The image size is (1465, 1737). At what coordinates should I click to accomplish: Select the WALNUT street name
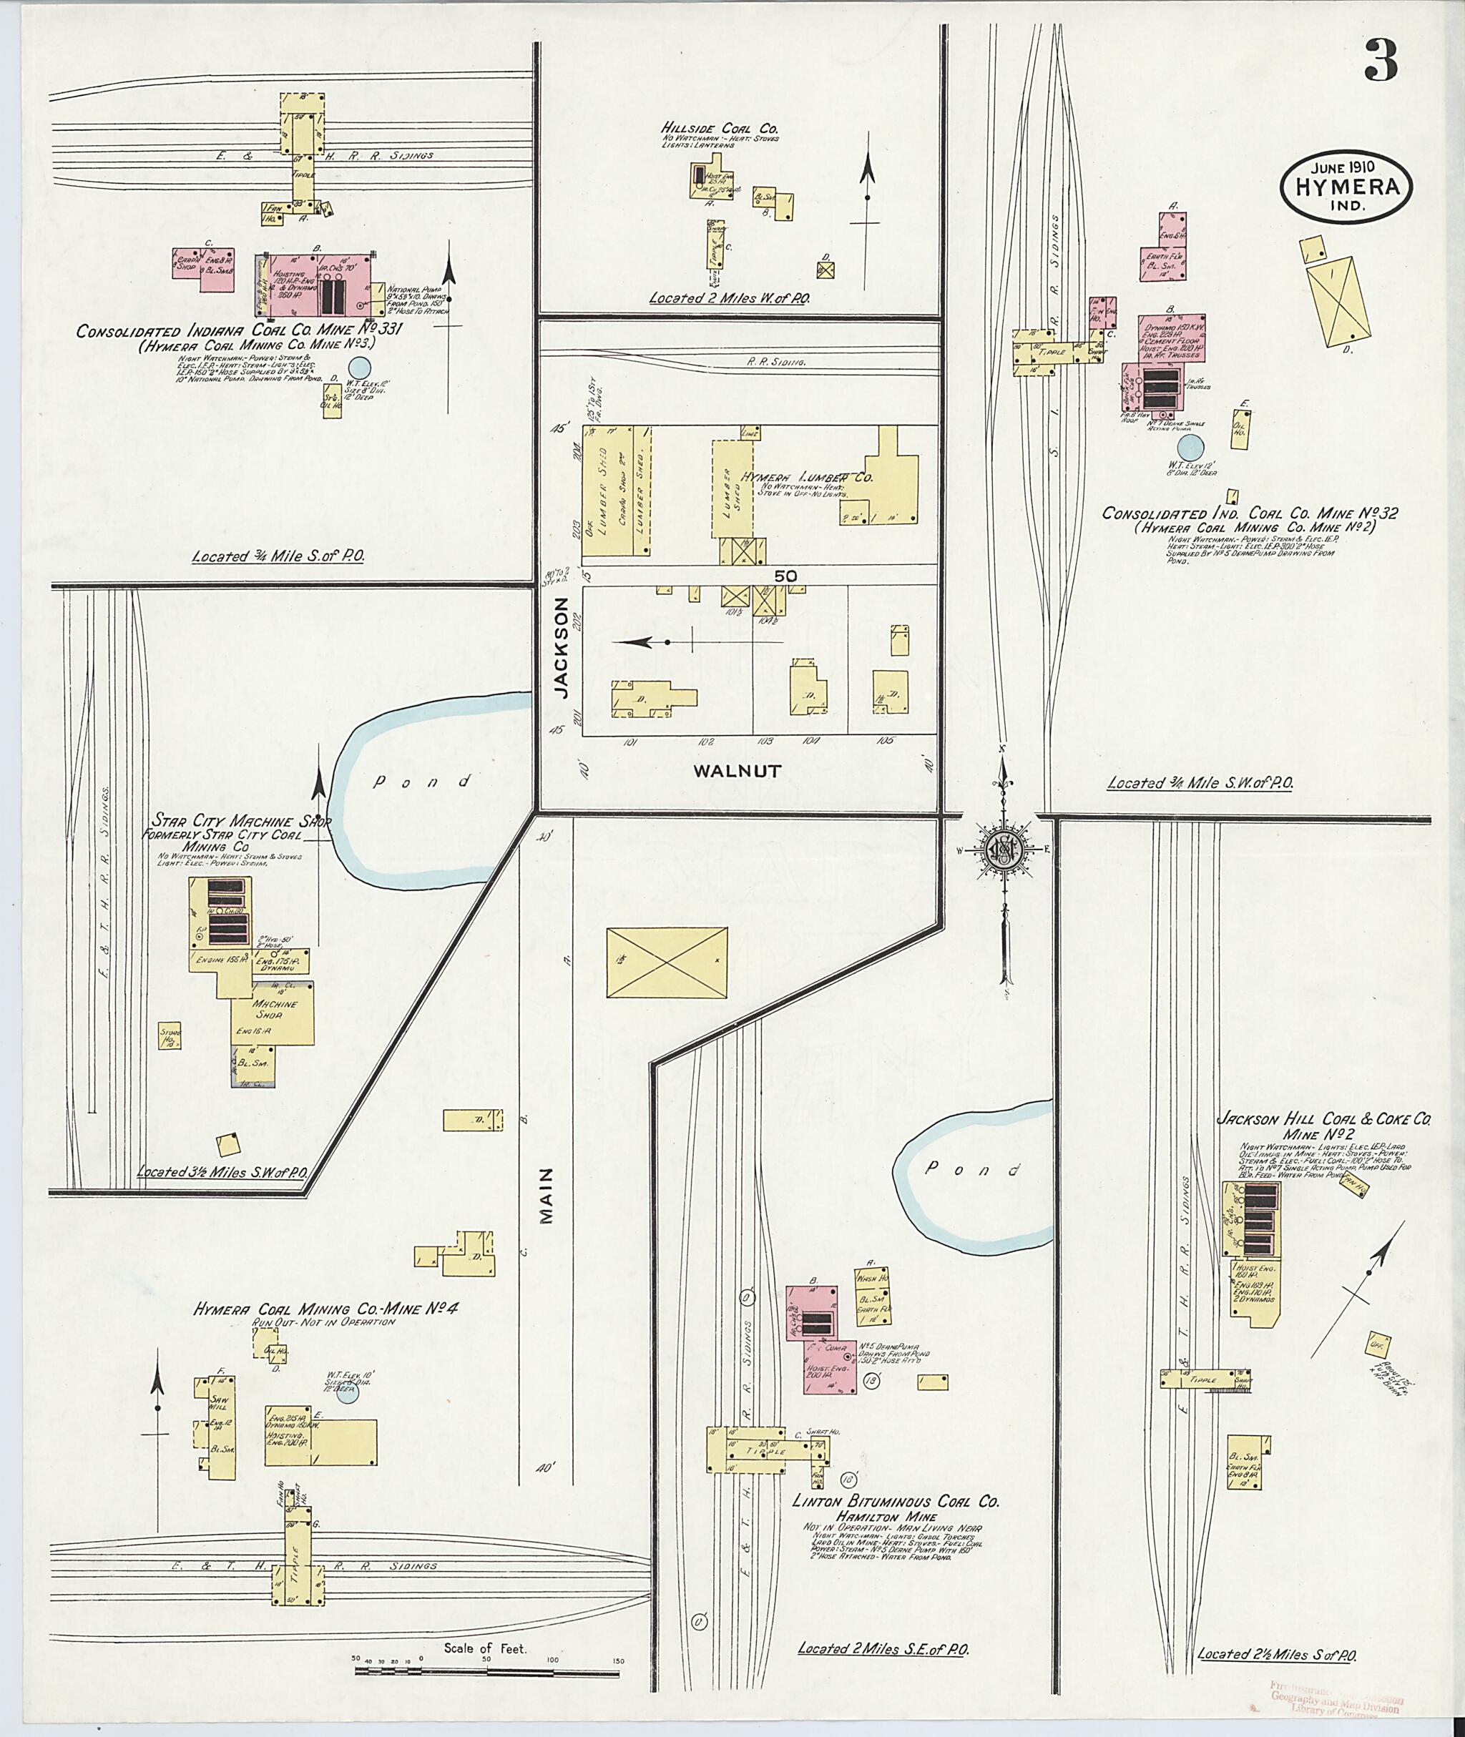click(738, 770)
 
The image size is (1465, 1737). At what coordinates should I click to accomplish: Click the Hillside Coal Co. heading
click(719, 129)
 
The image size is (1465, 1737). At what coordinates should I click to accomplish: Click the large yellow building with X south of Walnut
click(667, 963)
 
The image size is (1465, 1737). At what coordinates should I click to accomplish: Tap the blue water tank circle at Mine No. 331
click(359, 366)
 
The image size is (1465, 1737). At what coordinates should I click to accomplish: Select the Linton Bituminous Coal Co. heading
click(896, 1501)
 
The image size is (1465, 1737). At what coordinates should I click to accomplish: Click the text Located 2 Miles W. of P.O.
click(729, 297)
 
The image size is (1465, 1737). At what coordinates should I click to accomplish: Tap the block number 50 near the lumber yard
click(785, 574)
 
